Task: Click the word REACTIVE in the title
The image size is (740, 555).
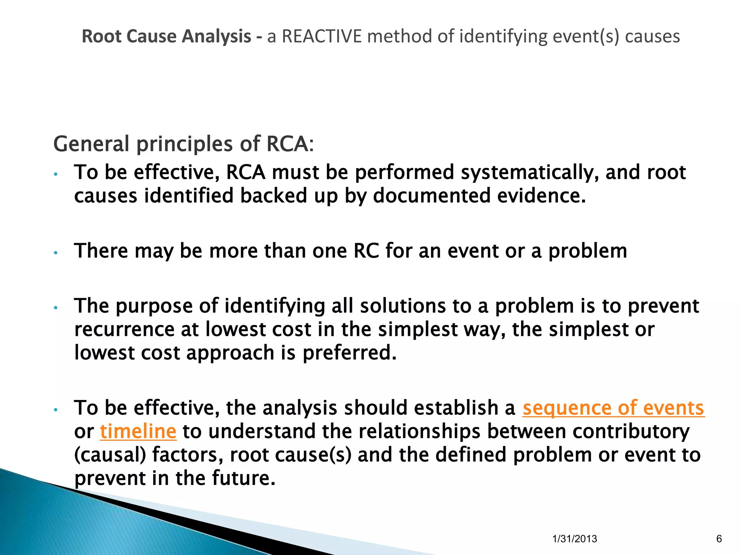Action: [x=322, y=36]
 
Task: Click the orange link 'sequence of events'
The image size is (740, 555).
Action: [x=613, y=408]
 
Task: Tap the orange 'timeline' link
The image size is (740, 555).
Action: [x=138, y=431]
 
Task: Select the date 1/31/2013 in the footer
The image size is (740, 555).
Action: [x=575, y=539]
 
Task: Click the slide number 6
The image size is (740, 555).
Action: [x=719, y=539]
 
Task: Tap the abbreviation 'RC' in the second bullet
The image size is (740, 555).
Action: [x=366, y=251]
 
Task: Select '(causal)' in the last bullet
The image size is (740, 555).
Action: [x=110, y=455]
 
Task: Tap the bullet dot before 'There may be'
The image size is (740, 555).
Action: [x=55, y=253]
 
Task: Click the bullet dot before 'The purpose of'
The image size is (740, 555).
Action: [x=55, y=308]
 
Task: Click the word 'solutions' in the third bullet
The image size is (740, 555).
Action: [x=403, y=306]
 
